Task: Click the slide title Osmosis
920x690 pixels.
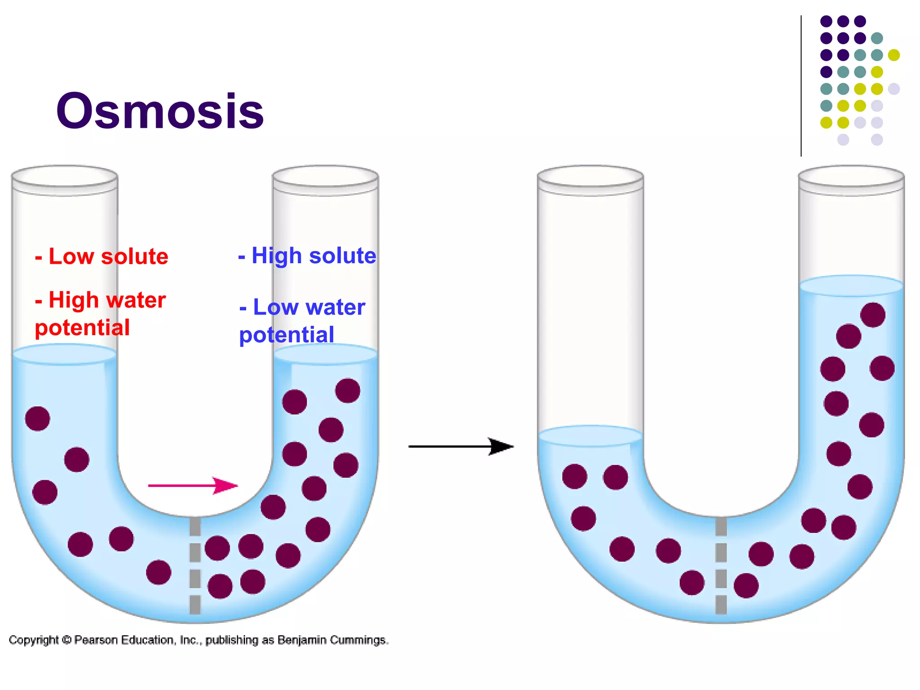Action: (160, 111)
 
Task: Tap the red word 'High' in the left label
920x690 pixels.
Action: (73, 300)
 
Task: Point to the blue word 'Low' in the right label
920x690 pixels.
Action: (276, 308)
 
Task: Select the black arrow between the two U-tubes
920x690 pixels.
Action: (460, 447)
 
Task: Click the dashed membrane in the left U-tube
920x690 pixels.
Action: (195, 566)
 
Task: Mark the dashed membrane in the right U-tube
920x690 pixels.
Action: (721, 566)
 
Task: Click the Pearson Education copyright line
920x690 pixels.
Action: (199, 640)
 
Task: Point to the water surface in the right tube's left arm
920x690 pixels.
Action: (590, 436)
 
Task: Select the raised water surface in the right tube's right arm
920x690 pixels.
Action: (851, 286)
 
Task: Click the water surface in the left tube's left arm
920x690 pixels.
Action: (65, 354)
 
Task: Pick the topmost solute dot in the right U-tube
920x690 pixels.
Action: (872, 315)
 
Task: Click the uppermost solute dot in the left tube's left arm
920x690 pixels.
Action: (38, 419)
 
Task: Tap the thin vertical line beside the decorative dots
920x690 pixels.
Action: (801, 85)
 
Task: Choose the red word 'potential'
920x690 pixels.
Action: (82, 328)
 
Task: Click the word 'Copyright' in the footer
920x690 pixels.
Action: (34, 640)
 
